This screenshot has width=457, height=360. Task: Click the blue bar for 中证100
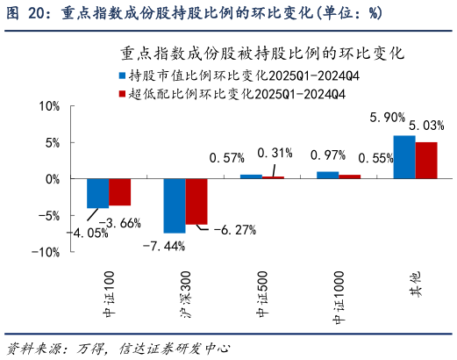click(97, 193)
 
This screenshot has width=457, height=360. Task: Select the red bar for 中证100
click(119, 191)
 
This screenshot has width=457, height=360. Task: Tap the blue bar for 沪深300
click(175, 205)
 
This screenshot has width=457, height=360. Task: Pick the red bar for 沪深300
click(196, 201)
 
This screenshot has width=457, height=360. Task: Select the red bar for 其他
click(425, 160)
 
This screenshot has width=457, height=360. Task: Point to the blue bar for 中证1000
click(327, 175)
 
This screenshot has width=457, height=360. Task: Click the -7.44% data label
click(163, 247)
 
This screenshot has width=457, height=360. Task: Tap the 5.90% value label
click(388, 117)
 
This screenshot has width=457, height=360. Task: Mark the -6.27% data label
click(232, 230)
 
